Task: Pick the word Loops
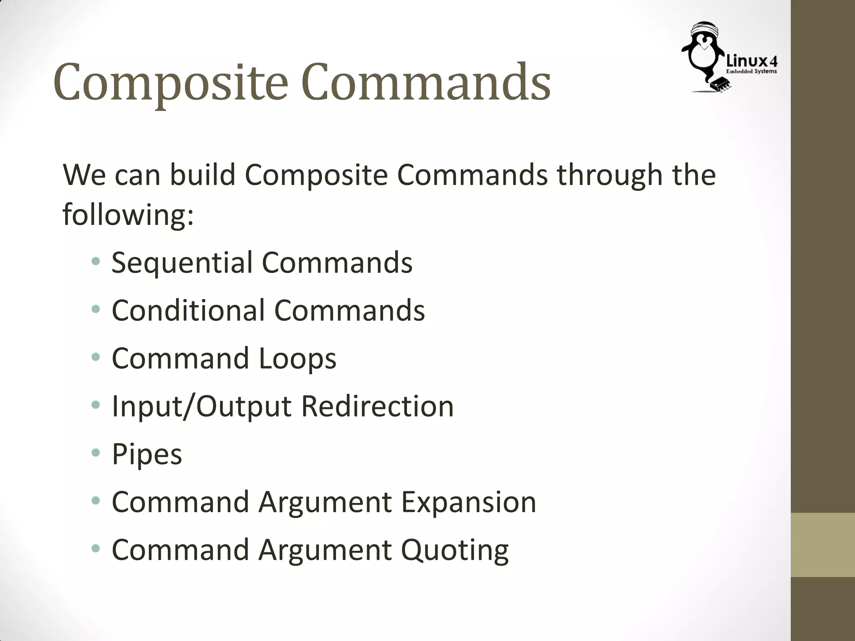pos(297,359)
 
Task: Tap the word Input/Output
pos(202,406)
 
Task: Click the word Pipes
pos(147,454)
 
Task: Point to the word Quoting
pos(455,550)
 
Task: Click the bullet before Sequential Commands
pos(96,262)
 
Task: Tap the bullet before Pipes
pos(96,452)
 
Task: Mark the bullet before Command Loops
pos(96,357)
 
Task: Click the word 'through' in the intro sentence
pos(610,175)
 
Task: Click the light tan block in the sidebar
pos(823,545)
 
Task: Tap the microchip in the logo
pos(721,84)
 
